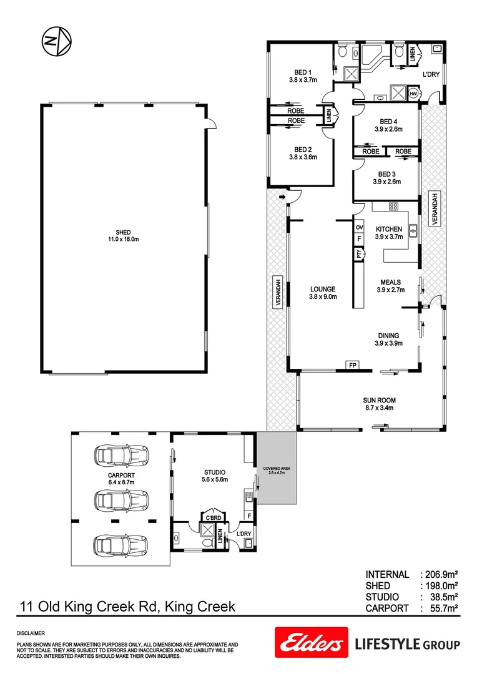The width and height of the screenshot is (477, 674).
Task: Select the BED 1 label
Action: (x=303, y=72)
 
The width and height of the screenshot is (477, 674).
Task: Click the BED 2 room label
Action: (x=303, y=149)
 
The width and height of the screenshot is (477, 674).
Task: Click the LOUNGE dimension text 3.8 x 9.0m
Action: (x=323, y=297)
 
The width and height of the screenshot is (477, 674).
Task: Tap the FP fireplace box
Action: (x=351, y=365)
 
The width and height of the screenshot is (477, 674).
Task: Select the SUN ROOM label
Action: (x=380, y=400)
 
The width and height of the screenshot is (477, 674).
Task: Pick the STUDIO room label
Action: (x=214, y=472)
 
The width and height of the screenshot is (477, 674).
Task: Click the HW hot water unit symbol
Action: (x=413, y=93)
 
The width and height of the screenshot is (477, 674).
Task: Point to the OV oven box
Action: (x=359, y=227)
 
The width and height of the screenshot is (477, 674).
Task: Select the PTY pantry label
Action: (x=359, y=253)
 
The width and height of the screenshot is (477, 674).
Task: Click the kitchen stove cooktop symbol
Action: (x=394, y=207)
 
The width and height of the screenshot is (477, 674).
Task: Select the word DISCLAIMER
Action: (x=31, y=633)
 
